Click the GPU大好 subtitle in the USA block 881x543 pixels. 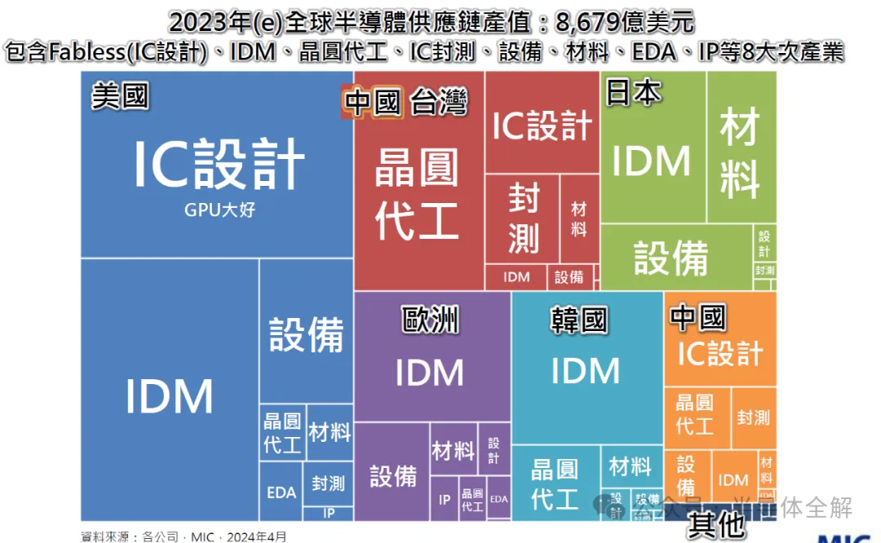coord(219,210)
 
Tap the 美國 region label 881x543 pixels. coord(120,96)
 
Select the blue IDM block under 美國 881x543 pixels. coord(170,396)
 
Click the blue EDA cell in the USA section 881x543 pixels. coord(281,492)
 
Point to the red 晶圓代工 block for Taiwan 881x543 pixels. coord(417,194)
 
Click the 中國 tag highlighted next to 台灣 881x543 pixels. coord(373,104)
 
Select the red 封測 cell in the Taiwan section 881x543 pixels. coord(523,219)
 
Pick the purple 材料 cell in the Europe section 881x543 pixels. coord(453,450)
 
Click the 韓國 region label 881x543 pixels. coord(579,320)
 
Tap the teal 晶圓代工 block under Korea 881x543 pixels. coord(555,484)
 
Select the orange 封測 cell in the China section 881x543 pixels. coord(753,417)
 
